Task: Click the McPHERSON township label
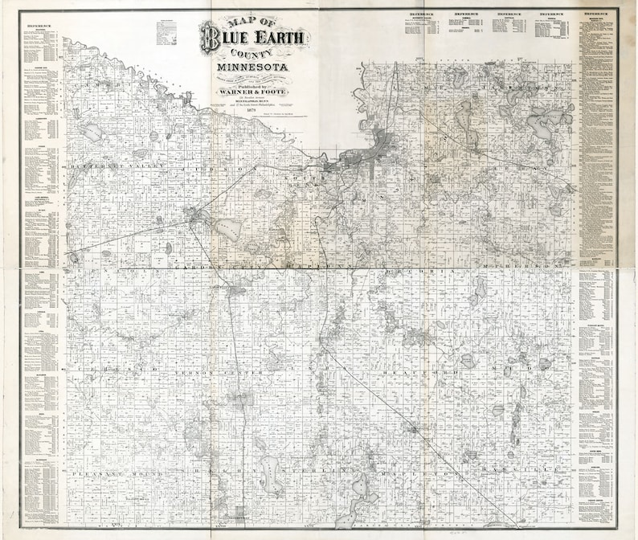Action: coord(523,264)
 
